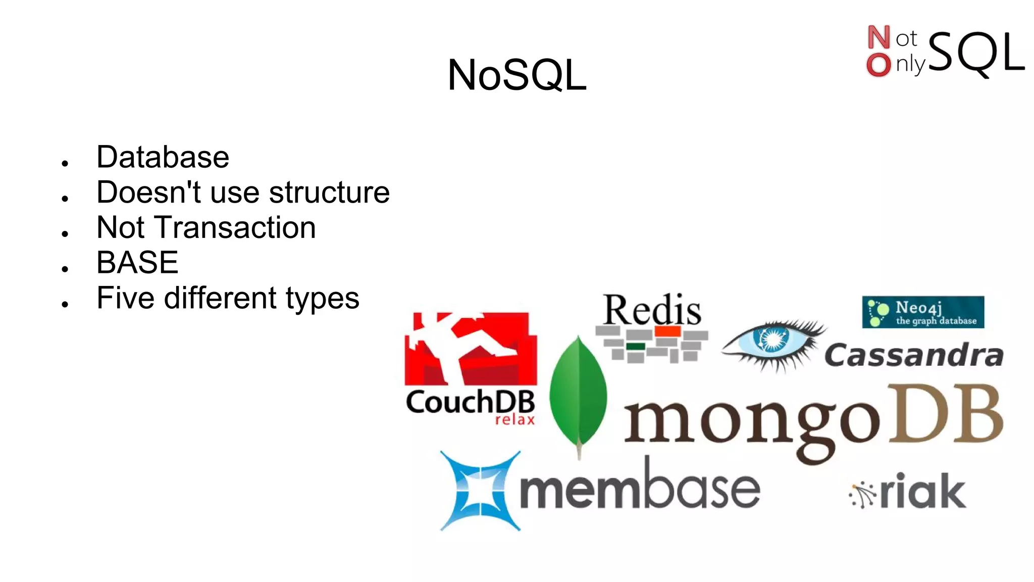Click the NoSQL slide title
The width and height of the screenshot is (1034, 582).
517,75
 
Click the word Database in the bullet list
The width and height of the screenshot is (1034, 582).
163,157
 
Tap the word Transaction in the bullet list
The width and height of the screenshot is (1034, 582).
236,227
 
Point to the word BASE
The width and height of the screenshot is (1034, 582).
137,262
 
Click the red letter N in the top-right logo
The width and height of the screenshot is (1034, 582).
878,37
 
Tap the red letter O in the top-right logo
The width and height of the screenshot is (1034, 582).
878,65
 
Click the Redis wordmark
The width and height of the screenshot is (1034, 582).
652,309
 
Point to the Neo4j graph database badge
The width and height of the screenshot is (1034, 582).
923,312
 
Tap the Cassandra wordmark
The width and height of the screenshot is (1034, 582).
914,355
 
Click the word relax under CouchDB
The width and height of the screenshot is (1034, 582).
514,420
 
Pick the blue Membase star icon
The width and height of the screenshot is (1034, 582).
480,491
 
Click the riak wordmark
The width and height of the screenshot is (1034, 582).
923,491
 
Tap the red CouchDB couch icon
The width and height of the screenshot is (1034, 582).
471,349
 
